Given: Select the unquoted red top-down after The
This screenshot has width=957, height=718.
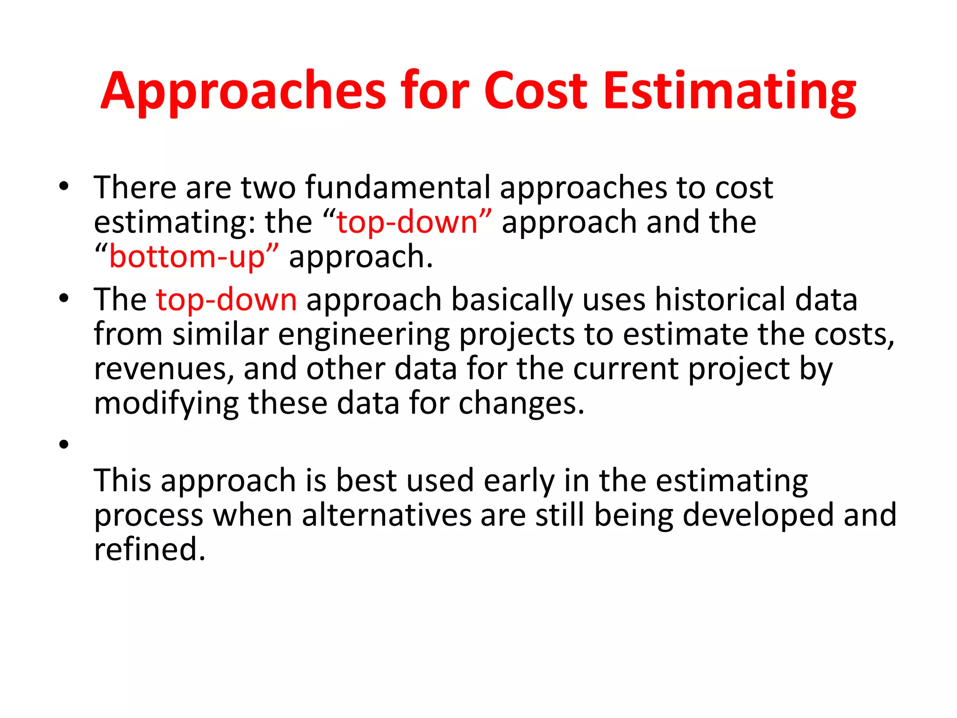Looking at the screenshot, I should pos(226,300).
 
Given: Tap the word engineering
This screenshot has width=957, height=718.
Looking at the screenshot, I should pos(364,335).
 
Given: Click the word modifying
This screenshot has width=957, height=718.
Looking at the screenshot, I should pos(166,403).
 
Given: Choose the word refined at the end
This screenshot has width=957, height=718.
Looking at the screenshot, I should pos(149,549).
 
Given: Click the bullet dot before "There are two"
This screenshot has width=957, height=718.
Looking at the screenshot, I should pos(64,187).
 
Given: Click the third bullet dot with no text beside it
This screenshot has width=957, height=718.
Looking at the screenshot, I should pos(64,444).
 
